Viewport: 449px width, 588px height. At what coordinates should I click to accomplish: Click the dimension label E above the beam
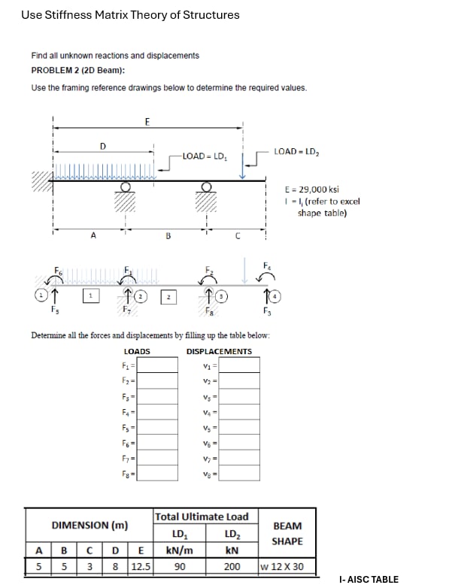[147, 121]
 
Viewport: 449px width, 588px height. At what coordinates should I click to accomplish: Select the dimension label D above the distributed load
[103, 145]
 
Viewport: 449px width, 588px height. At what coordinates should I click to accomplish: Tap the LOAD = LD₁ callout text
[205, 156]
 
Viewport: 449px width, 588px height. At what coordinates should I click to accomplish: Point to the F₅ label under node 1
[53, 309]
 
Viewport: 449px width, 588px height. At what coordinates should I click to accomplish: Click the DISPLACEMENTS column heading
[219, 351]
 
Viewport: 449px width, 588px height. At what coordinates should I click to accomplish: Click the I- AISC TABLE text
[369, 580]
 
